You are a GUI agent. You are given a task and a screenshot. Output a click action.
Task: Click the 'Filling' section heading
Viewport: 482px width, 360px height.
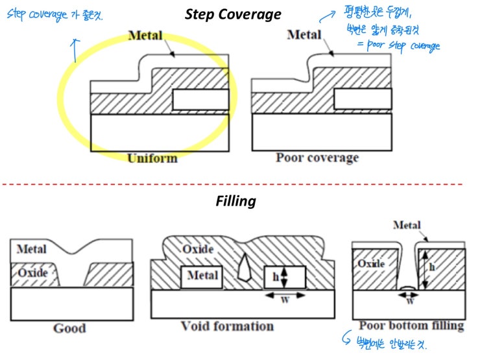click(x=235, y=201)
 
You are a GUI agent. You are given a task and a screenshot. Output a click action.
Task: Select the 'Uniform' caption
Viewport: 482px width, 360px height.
click(x=152, y=158)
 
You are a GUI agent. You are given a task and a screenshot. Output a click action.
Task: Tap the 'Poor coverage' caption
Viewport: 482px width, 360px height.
click(x=317, y=158)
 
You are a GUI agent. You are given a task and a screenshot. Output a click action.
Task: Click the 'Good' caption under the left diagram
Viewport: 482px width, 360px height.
click(x=70, y=328)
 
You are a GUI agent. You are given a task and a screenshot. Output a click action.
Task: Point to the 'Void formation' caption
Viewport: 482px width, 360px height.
click(x=236, y=326)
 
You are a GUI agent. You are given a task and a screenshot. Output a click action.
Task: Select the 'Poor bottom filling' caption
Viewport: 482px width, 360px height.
click(x=411, y=325)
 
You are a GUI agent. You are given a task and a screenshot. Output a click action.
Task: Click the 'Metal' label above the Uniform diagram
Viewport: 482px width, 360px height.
click(x=145, y=35)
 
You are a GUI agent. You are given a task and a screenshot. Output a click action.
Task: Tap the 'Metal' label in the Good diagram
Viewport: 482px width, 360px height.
click(x=31, y=249)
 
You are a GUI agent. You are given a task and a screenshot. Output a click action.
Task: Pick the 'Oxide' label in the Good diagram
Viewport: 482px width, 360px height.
click(x=32, y=273)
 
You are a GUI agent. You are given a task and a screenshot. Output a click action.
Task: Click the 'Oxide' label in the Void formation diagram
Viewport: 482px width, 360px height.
click(x=198, y=250)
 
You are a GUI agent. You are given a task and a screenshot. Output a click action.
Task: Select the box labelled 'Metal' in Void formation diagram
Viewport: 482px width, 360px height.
click(x=202, y=276)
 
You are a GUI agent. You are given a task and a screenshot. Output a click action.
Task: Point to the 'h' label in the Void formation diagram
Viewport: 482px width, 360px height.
click(x=275, y=277)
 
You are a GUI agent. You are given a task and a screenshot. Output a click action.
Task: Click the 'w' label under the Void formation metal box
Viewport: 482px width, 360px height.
click(x=284, y=300)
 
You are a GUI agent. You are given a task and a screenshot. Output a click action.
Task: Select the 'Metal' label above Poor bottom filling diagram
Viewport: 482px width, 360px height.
click(x=407, y=225)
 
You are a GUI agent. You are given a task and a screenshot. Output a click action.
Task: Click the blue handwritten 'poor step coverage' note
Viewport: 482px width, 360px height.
click(x=413, y=45)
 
